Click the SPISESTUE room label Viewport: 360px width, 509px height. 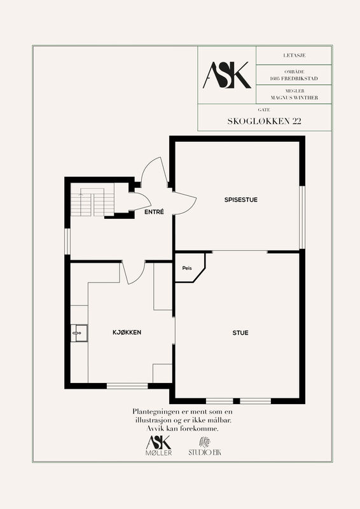tap(241, 200)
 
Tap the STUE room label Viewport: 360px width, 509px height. tap(240, 333)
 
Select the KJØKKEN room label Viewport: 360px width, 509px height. tap(127, 332)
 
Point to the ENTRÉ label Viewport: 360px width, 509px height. tap(154, 212)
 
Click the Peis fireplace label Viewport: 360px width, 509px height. tap(187, 268)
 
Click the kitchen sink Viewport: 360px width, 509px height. tap(79, 333)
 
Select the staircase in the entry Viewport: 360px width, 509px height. tap(92, 202)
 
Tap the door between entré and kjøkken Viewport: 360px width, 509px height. tap(133, 272)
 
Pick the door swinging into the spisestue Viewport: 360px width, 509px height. tap(185, 203)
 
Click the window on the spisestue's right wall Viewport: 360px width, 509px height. tap(302, 217)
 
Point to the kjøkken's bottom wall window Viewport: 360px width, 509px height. tap(127, 386)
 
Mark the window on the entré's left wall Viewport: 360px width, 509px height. tap(67, 242)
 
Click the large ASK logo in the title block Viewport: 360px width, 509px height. tap(227, 75)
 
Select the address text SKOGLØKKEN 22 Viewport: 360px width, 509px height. tap(264, 122)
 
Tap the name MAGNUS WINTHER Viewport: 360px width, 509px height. tap(294, 97)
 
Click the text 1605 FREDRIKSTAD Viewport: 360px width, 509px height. tap(294, 78)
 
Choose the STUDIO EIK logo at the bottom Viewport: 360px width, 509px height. tap(205, 447)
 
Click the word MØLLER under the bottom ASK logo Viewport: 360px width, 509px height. tap(159, 453)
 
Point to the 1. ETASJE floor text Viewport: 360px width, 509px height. tap(294, 55)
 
